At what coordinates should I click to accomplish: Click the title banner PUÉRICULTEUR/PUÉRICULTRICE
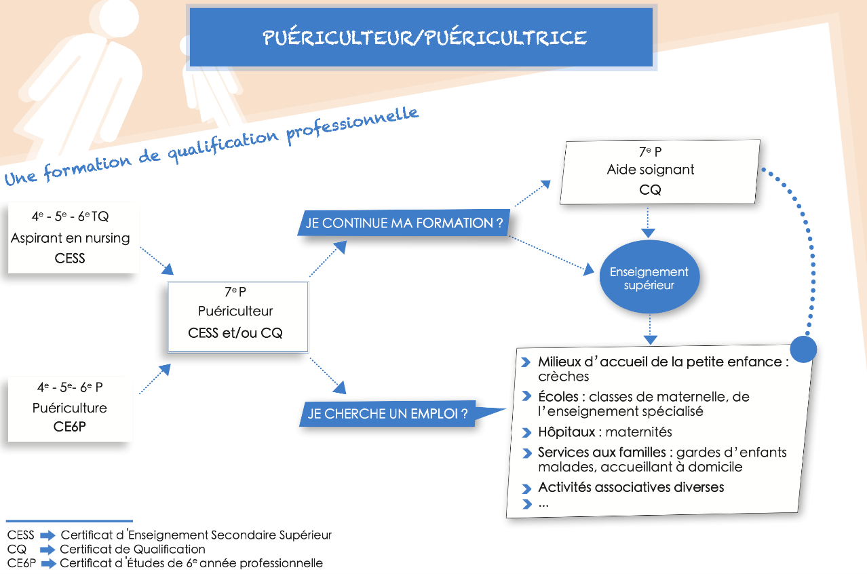click(x=424, y=37)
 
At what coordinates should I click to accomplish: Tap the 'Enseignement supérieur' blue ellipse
click(x=649, y=278)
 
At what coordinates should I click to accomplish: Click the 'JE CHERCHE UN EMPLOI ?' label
click(x=388, y=414)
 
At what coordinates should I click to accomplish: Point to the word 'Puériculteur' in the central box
click(x=235, y=311)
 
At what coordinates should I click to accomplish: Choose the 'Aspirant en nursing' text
click(x=71, y=238)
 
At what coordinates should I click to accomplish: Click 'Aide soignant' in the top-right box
click(x=650, y=170)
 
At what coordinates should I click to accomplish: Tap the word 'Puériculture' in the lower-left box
click(x=70, y=408)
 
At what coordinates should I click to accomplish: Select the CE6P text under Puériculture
click(x=70, y=427)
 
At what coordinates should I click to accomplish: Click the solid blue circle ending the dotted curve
click(x=803, y=349)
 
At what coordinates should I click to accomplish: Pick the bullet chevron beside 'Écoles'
click(x=526, y=397)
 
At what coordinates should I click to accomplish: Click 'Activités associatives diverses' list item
click(x=631, y=487)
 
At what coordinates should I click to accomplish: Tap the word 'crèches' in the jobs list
click(x=563, y=377)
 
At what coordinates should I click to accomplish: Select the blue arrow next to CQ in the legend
click(x=47, y=550)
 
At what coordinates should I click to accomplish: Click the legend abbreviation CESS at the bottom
click(x=20, y=535)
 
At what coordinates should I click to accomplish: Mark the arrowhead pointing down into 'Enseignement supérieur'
click(x=649, y=233)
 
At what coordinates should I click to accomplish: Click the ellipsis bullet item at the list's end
click(x=543, y=504)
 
